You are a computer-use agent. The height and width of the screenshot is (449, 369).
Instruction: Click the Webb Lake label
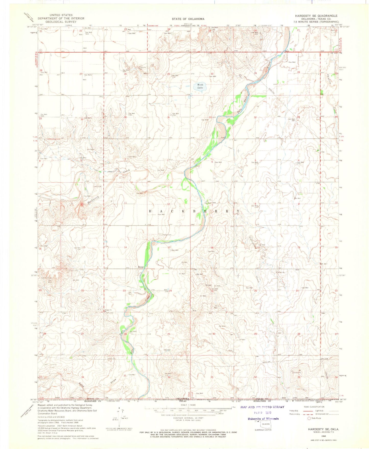200,86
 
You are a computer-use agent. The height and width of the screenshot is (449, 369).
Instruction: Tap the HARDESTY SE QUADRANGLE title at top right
316,16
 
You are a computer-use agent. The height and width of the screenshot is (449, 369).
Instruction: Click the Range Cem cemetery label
167,235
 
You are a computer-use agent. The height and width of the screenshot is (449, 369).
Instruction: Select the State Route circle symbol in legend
309,418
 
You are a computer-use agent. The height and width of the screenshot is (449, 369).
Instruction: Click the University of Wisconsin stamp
263,419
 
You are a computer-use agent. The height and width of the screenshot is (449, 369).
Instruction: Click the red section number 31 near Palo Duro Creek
210,117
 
